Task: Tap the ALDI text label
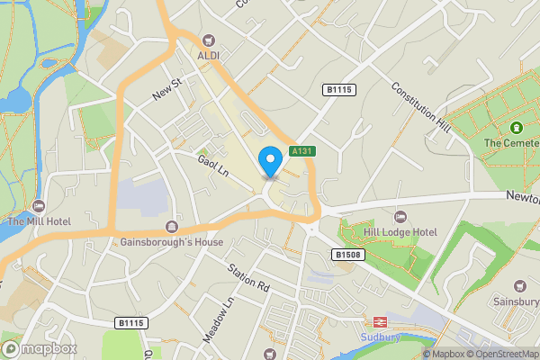click(209, 56)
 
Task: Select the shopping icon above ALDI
click(209, 40)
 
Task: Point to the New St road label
click(167, 88)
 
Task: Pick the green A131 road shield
click(301, 152)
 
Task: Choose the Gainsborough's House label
click(172, 243)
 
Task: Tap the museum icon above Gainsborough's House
click(172, 227)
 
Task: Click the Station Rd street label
click(248, 279)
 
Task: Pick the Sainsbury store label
click(515, 301)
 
